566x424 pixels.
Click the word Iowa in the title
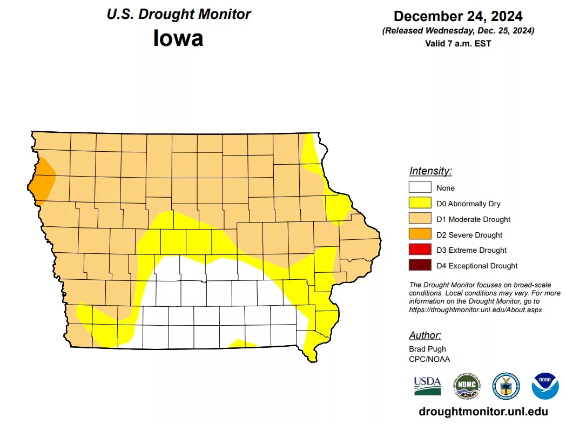178,38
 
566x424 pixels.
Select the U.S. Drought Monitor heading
178,14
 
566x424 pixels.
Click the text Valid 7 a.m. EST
458,43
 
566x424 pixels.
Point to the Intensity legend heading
430,171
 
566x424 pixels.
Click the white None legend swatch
420,187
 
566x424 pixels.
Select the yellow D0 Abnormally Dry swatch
420,203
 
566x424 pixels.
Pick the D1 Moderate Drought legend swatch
420,219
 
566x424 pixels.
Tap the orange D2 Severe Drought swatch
420,234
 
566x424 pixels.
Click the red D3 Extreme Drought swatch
420,250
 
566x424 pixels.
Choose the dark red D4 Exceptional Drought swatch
420,265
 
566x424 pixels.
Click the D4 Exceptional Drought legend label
477,266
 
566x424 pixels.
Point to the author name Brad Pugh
427,349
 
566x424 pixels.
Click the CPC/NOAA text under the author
429,359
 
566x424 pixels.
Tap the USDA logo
427,385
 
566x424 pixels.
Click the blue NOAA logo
545,386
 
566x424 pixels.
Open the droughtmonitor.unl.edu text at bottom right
483,412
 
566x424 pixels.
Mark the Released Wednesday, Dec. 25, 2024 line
458,31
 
